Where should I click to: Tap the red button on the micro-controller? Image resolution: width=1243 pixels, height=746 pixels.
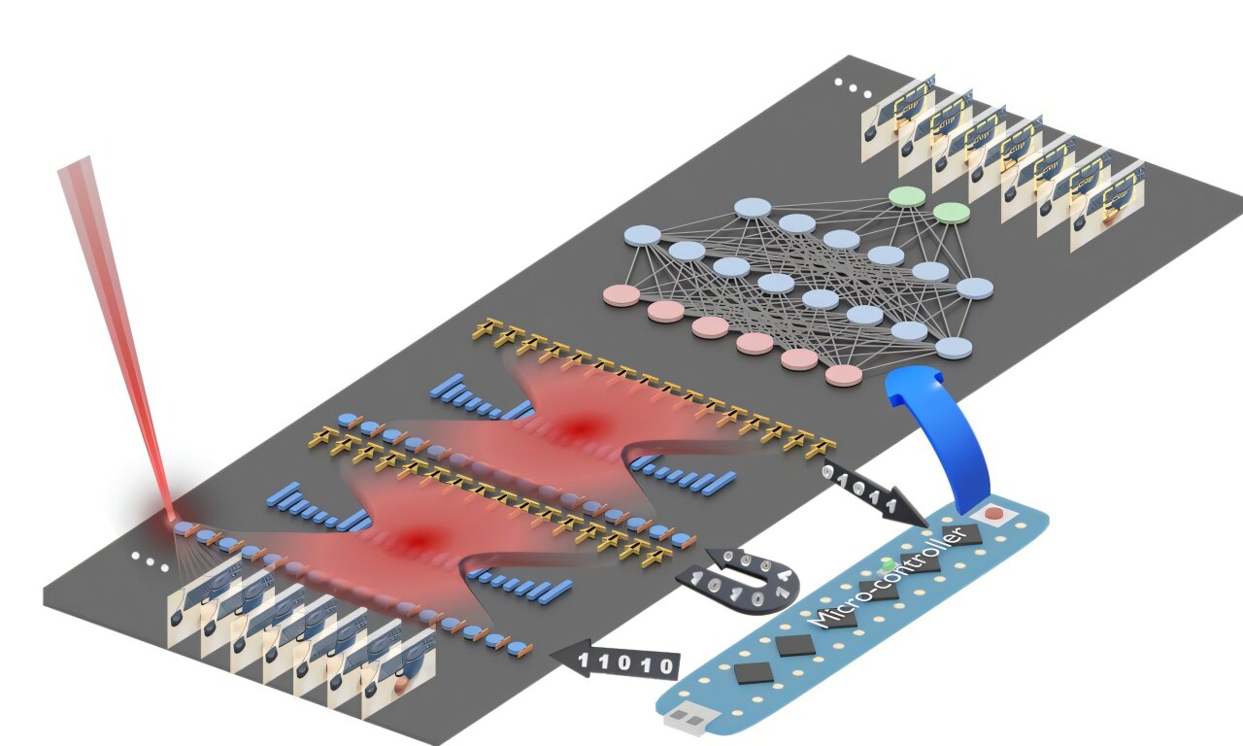coord(992,512)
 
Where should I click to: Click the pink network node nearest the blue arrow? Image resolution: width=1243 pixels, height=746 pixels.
coord(843,375)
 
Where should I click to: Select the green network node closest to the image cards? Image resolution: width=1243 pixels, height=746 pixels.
coord(952,212)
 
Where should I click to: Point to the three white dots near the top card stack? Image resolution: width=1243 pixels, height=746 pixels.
coord(853,89)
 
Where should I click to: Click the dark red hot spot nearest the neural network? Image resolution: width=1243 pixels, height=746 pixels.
coord(583,425)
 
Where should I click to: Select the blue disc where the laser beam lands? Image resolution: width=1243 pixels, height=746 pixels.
coord(184,528)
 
